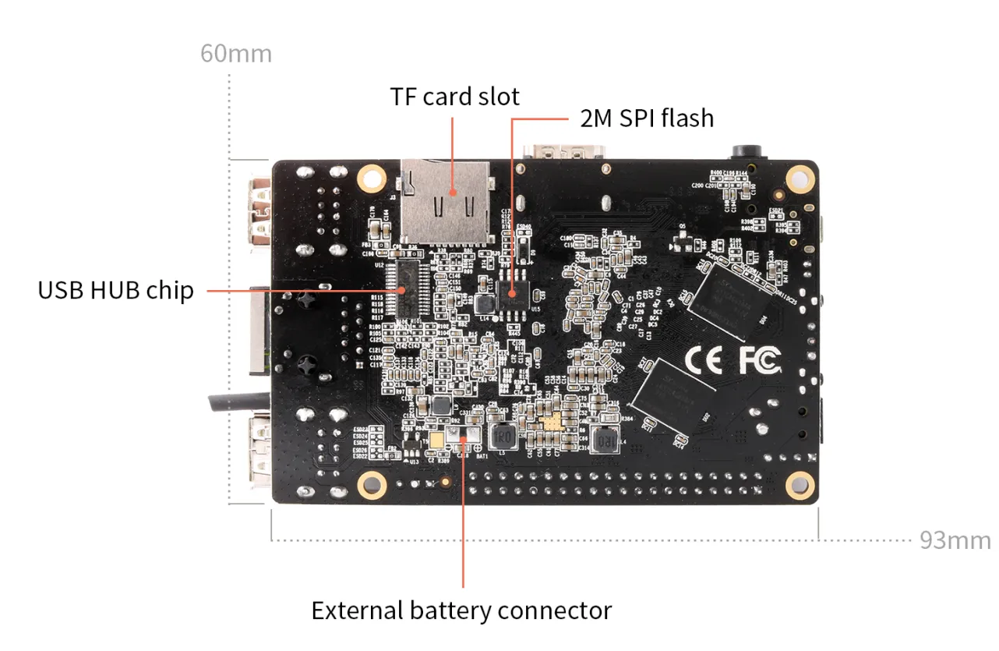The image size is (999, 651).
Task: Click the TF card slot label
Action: (454, 97)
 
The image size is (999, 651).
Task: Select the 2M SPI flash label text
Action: (646, 118)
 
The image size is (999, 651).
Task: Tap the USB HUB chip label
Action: (115, 290)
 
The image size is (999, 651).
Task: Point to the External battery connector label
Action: (461, 610)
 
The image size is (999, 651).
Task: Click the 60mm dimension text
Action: (235, 54)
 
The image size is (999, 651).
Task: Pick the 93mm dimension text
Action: (955, 540)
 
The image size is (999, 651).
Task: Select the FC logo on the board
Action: (758, 359)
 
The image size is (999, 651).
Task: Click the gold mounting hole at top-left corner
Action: (371, 178)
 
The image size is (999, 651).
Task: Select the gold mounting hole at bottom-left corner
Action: (372, 485)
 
